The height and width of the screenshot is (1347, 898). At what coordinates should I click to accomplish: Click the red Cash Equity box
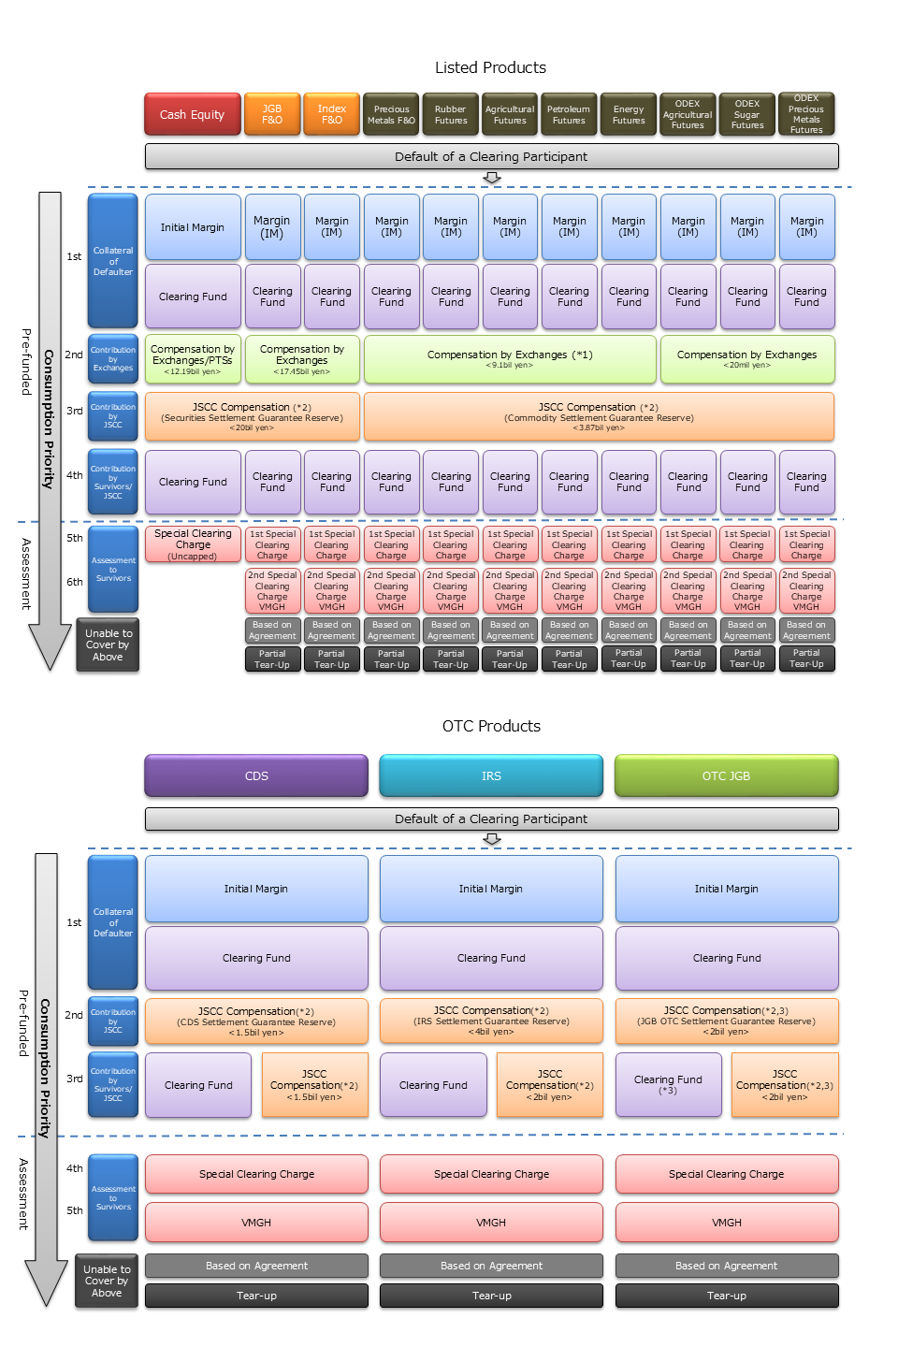point(192,114)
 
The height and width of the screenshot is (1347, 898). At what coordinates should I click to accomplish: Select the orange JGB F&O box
point(272,114)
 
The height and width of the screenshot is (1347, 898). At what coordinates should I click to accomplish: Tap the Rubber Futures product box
point(450,114)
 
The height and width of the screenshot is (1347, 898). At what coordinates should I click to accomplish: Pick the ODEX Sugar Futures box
point(746,114)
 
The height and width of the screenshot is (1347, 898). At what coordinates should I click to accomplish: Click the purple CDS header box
point(256,775)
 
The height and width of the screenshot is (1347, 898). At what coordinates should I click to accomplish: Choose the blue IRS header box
point(491,775)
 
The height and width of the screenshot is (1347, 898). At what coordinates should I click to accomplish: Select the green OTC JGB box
point(726,775)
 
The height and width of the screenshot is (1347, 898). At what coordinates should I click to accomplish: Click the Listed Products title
point(490,67)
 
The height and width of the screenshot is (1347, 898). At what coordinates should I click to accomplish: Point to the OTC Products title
point(491,726)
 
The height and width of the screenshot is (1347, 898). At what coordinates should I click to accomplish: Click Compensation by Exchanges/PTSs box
point(193,359)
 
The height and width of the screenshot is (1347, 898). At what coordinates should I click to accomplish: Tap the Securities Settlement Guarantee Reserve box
point(252,416)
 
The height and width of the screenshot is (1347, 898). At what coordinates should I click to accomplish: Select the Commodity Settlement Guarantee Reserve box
point(599,416)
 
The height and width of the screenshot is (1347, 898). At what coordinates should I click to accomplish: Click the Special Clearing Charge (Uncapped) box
point(193,544)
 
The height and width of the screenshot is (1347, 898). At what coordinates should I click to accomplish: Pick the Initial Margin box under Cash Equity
point(193,227)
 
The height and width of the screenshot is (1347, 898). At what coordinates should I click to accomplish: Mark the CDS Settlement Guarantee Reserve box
point(256,1021)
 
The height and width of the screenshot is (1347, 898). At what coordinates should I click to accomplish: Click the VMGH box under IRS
point(491,1222)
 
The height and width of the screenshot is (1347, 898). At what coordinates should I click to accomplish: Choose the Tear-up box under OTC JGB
point(726,1296)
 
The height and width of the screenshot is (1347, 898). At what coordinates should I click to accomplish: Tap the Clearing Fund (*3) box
point(668,1084)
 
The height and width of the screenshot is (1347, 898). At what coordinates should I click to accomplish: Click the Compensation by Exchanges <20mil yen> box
point(746,359)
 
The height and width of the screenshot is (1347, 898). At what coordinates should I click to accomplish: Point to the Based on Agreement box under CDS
point(256,1266)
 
